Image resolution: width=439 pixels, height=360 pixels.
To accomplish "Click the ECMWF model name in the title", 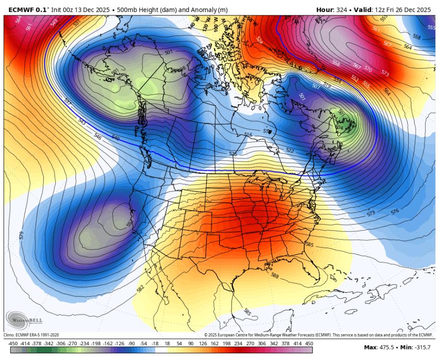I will click(x=22, y=10).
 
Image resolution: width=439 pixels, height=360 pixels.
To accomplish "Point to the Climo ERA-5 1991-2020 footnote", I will click(x=31, y=335).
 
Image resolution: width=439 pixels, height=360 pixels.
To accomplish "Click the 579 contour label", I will click(x=21, y=235).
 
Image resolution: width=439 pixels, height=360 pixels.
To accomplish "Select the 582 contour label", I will click(x=140, y=288).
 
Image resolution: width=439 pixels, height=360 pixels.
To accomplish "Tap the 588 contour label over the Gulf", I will click(x=275, y=276).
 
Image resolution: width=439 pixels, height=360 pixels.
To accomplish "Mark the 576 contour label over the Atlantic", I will click(x=395, y=211).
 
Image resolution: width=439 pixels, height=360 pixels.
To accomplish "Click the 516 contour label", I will click(x=248, y=134).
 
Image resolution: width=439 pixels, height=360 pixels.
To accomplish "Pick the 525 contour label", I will click(x=233, y=154).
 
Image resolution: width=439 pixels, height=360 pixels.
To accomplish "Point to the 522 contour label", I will click(x=290, y=150).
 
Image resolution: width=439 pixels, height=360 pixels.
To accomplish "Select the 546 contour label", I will click(x=98, y=137).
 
